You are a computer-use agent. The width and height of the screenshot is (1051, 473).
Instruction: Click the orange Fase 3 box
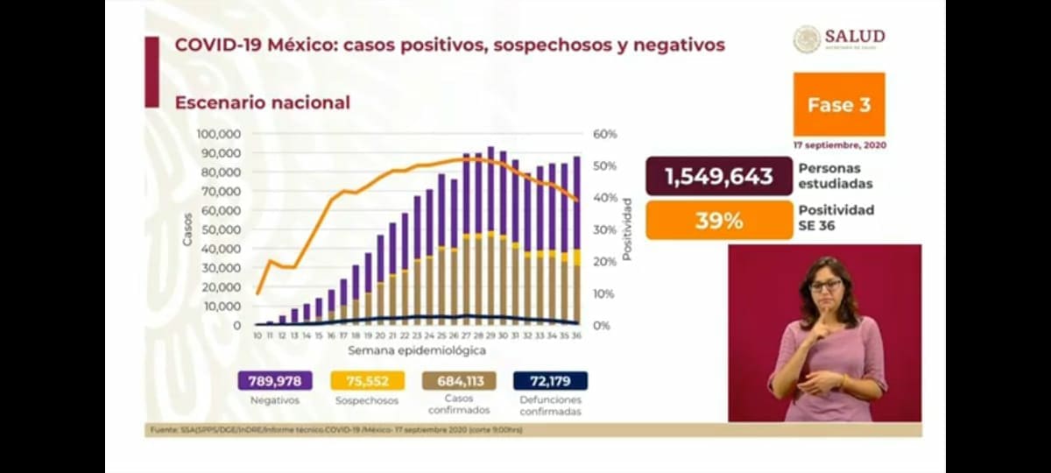click(x=838, y=104)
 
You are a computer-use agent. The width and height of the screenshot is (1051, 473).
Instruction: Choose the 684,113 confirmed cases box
click(x=458, y=381)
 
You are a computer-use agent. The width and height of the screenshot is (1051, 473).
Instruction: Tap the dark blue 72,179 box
click(x=551, y=381)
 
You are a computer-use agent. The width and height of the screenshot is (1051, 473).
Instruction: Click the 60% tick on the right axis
click(x=605, y=134)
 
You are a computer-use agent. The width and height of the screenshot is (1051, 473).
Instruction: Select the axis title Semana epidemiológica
click(x=417, y=350)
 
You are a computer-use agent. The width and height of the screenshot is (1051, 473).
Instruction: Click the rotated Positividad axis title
click(x=627, y=229)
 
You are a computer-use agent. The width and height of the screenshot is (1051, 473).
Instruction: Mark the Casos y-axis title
click(x=187, y=229)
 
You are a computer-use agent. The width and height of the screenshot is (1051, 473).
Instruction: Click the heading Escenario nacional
click(x=262, y=102)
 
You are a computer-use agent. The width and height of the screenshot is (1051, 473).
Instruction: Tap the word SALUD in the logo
click(x=854, y=36)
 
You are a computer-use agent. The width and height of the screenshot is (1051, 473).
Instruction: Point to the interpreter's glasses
click(x=825, y=286)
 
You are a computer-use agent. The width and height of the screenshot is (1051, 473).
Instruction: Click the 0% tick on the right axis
click(x=602, y=326)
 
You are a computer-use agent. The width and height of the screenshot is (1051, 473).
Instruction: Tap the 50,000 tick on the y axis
click(x=221, y=229)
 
